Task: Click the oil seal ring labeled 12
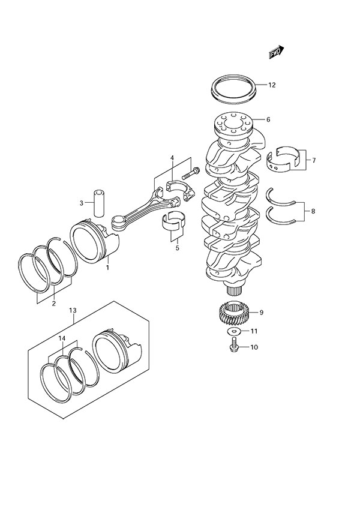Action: coord(235,88)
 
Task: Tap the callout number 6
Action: coord(268,119)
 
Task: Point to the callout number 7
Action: coord(314,160)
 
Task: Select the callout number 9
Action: coord(261,313)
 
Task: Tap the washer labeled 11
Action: coord(232,331)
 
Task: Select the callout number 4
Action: coord(172,158)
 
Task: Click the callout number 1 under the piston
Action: coord(108,268)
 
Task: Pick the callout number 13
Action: coord(73,310)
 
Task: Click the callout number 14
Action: coord(62,339)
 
